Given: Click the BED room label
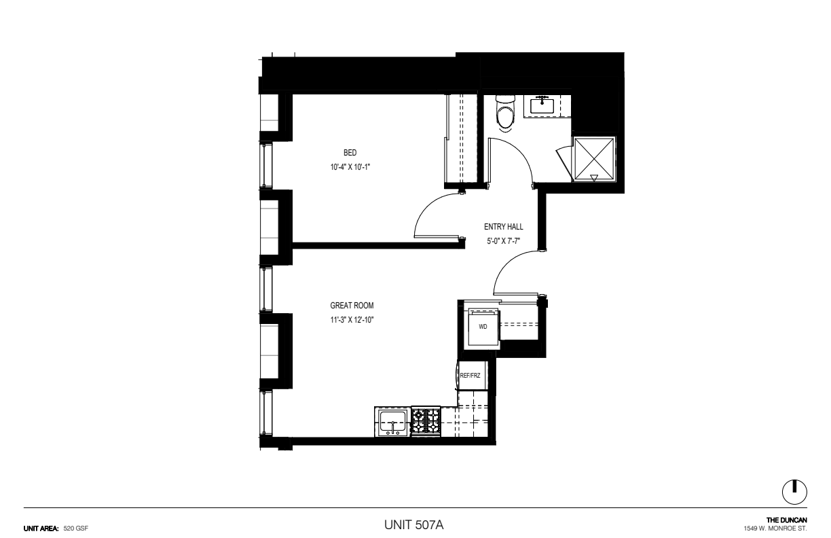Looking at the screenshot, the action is click(x=350, y=153).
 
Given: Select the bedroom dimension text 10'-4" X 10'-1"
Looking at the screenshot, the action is click(x=350, y=167).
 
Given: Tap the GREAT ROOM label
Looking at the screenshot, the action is click(x=352, y=306).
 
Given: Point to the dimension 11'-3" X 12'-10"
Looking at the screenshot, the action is click(x=352, y=320).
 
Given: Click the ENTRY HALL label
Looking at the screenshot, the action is click(x=504, y=226).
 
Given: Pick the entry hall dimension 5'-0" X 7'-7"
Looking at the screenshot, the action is click(x=504, y=241).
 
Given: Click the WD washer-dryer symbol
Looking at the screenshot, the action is click(x=483, y=328).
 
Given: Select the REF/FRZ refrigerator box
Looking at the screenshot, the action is click(x=471, y=376).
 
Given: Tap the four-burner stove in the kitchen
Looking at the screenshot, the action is click(x=426, y=421).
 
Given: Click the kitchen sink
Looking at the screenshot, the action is click(x=392, y=422).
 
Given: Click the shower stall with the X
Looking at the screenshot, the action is click(x=594, y=159).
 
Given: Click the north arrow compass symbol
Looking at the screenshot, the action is click(x=794, y=492).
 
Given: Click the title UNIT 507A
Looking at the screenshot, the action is click(x=413, y=525).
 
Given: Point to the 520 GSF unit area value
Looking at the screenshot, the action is click(x=75, y=528).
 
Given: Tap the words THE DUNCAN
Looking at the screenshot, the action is click(x=787, y=520).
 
